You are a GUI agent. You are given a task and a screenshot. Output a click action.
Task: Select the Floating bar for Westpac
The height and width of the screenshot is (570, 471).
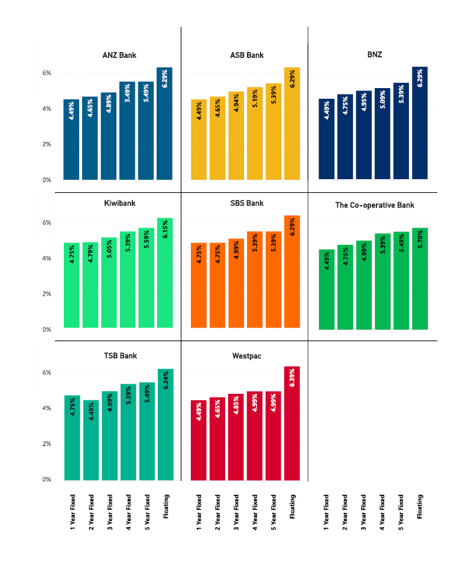(292, 423)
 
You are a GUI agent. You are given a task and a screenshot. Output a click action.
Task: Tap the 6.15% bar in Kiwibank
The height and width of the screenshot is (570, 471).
(165, 273)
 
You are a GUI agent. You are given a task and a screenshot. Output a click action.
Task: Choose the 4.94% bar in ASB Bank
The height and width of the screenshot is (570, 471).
(236, 135)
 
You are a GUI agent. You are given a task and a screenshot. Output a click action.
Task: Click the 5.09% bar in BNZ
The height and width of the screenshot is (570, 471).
(382, 133)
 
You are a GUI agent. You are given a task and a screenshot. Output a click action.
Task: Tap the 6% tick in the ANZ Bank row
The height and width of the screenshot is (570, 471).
(47, 73)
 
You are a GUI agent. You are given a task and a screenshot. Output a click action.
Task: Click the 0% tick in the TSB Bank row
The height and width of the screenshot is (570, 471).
(47, 480)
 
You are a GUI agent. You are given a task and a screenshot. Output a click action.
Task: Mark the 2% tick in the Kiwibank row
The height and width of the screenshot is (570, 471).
(47, 293)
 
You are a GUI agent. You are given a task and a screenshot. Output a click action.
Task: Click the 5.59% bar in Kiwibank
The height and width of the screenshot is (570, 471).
(147, 278)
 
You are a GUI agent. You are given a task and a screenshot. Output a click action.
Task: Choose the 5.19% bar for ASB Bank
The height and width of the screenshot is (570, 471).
(255, 133)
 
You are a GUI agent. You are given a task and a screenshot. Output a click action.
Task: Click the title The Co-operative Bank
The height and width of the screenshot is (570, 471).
(374, 205)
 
